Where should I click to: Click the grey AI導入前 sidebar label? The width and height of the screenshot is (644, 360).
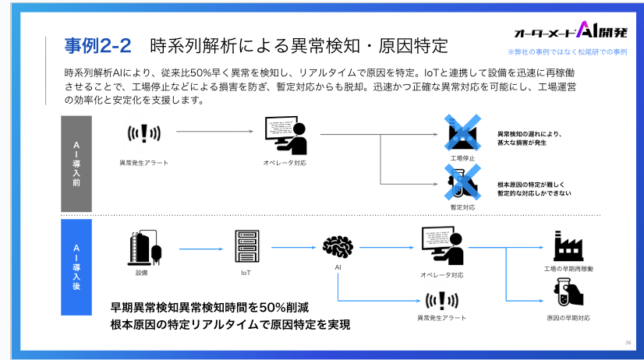76,163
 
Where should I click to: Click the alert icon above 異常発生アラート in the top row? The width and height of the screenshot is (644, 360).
144,134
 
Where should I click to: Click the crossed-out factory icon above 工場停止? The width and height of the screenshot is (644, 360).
462,133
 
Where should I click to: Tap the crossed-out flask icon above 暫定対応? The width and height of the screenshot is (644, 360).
462,182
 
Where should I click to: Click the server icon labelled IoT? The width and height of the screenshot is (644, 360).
246,247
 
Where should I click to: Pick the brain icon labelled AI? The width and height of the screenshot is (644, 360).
339,247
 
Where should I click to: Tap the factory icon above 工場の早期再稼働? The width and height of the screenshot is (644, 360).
568,245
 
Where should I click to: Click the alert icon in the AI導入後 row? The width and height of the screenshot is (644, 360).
441,301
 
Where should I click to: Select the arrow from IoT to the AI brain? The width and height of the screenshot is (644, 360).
292,249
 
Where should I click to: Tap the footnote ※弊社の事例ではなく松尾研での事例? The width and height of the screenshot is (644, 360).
568,52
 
